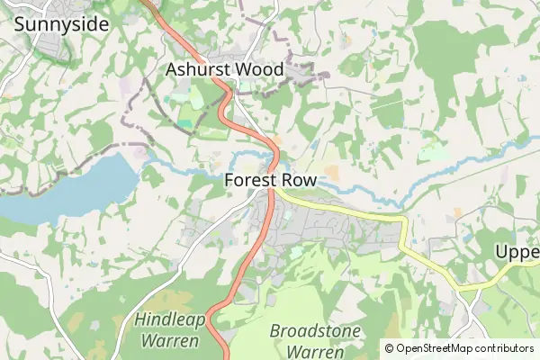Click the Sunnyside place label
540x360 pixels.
point(61,24)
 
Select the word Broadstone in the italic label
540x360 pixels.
point(315,330)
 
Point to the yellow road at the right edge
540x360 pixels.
point(536,274)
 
